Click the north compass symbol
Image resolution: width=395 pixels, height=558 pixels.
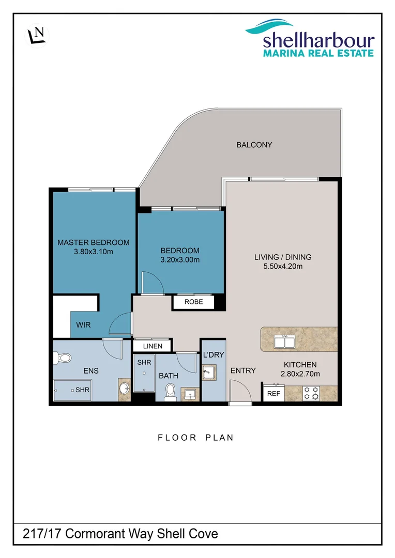[37, 35]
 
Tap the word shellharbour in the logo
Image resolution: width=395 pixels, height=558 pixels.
[318, 40]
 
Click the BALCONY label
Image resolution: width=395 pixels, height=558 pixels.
[254, 145]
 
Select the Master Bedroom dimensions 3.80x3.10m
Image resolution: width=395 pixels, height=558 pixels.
[93, 252]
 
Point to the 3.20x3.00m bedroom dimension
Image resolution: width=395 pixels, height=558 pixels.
[180, 260]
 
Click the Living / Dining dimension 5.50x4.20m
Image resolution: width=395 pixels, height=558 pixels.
[282, 267]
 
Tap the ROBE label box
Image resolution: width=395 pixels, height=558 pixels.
[193, 302]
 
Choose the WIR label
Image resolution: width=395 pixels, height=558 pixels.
[83, 326]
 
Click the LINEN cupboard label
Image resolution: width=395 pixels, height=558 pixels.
[152, 346]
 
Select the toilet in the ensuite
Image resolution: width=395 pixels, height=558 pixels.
[64, 357]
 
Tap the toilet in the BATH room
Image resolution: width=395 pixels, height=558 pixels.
[169, 394]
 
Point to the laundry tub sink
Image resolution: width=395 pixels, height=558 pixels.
[209, 372]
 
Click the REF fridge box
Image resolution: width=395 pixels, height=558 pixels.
[272, 393]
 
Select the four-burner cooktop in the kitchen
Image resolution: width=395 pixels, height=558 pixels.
[311, 393]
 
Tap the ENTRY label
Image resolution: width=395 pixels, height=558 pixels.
[243, 370]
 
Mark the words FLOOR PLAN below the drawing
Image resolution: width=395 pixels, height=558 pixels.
[195, 438]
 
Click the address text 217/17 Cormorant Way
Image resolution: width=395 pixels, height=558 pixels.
[88, 534]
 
